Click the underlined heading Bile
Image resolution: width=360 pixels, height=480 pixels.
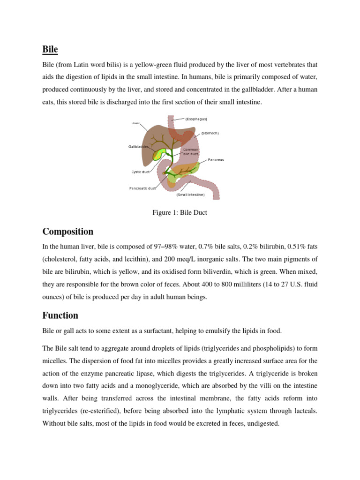click(x=50, y=49)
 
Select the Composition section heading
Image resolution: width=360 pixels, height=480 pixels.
click(x=67, y=232)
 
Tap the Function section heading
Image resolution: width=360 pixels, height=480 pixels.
click(x=60, y=315)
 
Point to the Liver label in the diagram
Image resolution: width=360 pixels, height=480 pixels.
click(x=135, y=123)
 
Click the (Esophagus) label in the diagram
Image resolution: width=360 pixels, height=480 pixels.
click(x=196, y=119)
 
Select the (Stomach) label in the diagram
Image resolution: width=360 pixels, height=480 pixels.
click(x=210, y=133)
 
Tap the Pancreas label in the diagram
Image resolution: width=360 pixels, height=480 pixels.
click(x=216, y=160)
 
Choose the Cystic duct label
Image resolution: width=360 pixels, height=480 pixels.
click(x=140, y=172)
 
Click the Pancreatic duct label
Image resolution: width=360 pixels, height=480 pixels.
click(x=142, y=188)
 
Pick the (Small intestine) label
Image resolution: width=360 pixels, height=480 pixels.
click(x=190, y=195)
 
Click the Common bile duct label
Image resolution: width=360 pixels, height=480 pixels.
click(x=191, y=152)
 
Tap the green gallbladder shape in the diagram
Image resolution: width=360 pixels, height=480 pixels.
click(x=161, y=154)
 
